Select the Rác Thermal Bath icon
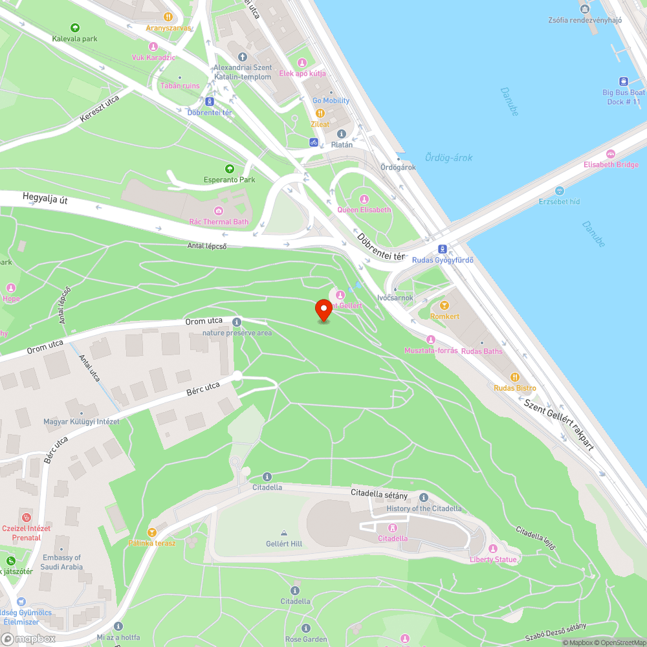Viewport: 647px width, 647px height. pyautogui.click(x=219, y=211)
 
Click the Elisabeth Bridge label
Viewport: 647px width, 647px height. pyautogui.click(x=611, y=164)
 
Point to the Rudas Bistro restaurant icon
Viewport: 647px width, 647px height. pyautogui.click(x=514, y=377)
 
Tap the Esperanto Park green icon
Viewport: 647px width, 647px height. pyautogui.click(x=228, y=169)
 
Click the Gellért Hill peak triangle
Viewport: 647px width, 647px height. pyautogui.click(x=283, y=533)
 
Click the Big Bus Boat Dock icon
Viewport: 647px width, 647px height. pyautogui.click(x=623, y=82)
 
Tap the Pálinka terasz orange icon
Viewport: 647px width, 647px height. pyautogui.click(x=152, y=532)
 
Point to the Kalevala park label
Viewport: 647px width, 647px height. pyautogui.click(x=75, y=39)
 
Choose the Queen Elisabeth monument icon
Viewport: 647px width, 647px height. pyautogui.click(x=364, y=199)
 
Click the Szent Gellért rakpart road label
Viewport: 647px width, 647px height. pyautogui.click(x=558, y=424)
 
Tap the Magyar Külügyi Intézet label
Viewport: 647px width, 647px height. pyautogui.click(x=81, y=422)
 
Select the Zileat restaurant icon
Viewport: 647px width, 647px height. pyautogui.click(x=320, y=113)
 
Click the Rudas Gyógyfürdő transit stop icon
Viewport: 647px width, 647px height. pyautogui.click(x=443, y=249)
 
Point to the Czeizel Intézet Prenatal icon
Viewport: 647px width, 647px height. pyautogui.click(x=26, y=518)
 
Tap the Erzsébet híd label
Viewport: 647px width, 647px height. pyautogui.click(x=560, y=201)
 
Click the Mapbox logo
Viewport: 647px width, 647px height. pyautogui.click(x=29, y=638)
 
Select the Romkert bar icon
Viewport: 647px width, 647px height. pyautogui.click(x=444, y=305)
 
